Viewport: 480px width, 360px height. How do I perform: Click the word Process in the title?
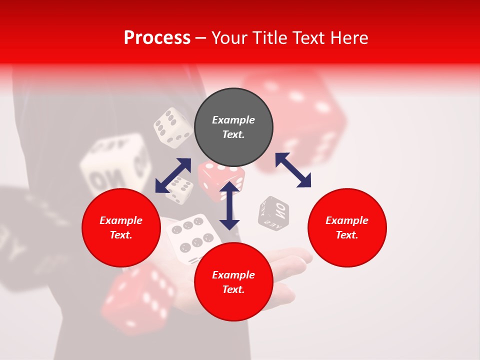click(157, 38)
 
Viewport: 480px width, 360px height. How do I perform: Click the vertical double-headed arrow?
click(229, 206)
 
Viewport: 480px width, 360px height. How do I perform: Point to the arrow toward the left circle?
click(173, 175)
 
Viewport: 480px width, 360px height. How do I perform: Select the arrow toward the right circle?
click(293, 170)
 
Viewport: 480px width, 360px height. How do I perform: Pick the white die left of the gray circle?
click(172, 128)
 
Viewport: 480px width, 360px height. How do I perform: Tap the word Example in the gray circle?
click(233, 120)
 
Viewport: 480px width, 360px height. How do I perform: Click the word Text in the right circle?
click(347, 235)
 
